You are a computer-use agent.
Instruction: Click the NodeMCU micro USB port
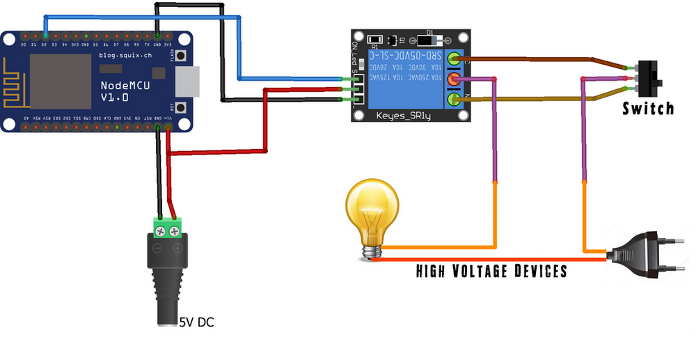coord(189,81)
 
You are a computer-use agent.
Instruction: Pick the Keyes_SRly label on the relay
coord(404,116)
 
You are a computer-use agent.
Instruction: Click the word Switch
coord(648,109)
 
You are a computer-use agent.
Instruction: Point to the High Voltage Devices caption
coord(491,271)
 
